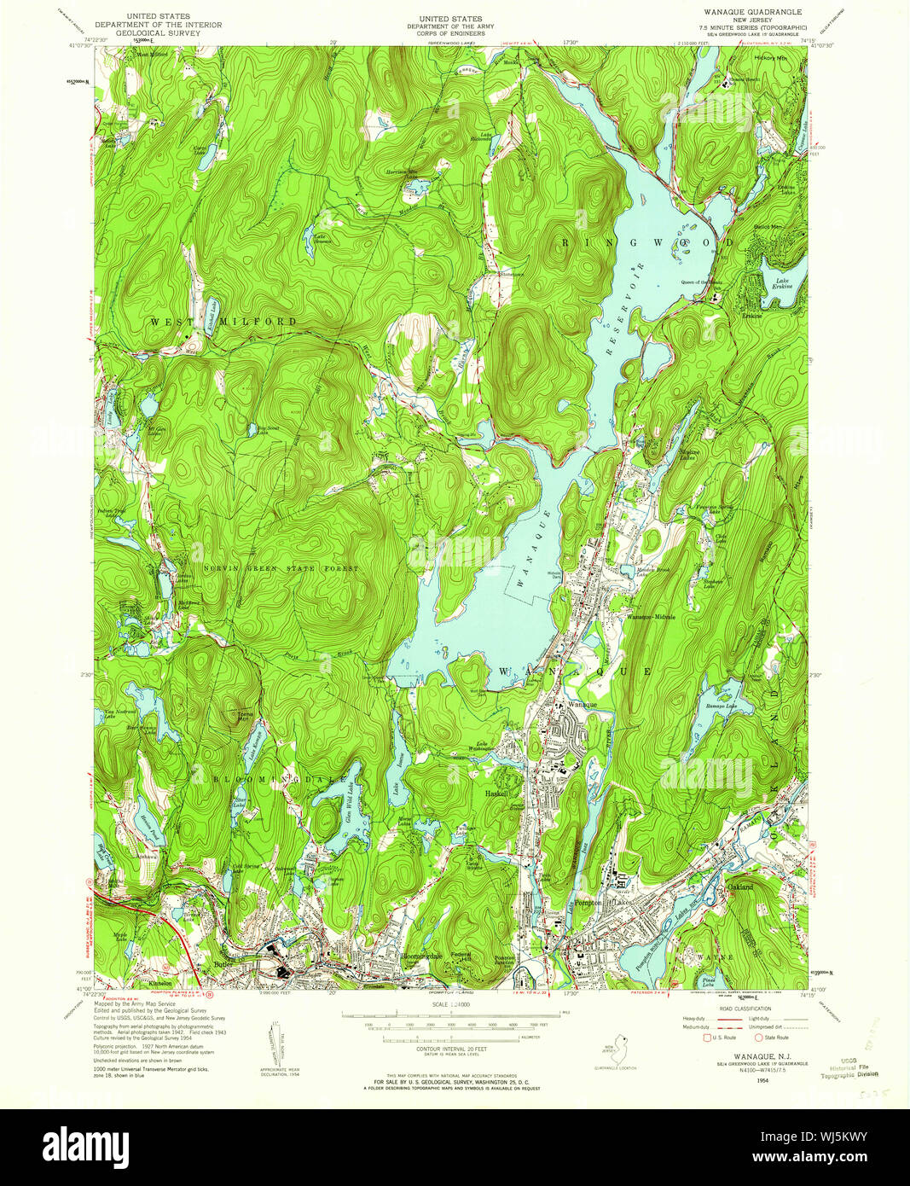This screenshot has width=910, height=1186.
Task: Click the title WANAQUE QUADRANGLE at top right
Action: tap(741, 13)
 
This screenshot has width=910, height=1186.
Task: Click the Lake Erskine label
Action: tap(784, 283)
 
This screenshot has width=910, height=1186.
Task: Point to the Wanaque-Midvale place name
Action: tap(652, 616)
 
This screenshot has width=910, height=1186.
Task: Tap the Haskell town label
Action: tap(496, 793)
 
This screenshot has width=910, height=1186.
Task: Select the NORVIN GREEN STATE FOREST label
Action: tap(281, 567)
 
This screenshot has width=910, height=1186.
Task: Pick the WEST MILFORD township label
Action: tap(224, 322)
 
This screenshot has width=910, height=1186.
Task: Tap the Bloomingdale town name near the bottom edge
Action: tap(420, 957)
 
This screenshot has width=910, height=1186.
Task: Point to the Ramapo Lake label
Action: tap(721, 706)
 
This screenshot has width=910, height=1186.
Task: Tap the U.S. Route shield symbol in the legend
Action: tap(705, 1038)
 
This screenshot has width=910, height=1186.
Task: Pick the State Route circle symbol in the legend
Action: tap(757, 1038)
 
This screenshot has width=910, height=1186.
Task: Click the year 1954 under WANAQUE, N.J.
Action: tap(751, 1080)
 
